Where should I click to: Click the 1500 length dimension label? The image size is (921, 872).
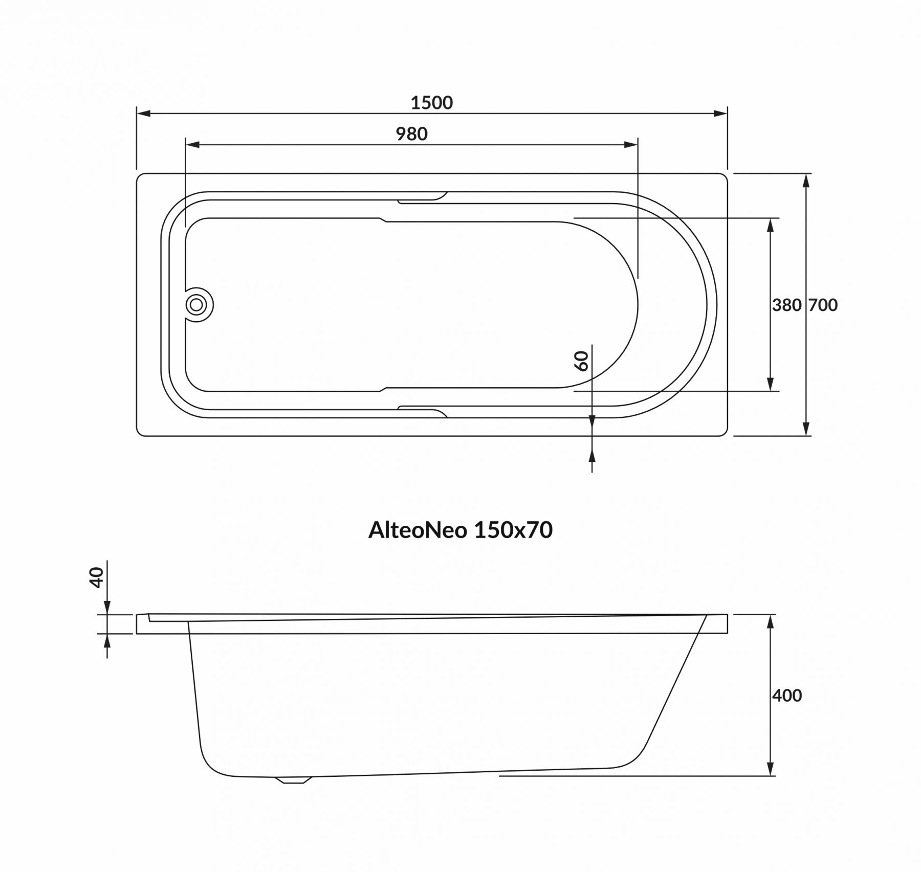tap(432, 103)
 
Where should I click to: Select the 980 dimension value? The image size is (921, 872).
tap(411, 134)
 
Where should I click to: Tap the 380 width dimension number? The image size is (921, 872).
tap(786, 305)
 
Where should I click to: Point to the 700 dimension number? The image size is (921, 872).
tap(823, 305)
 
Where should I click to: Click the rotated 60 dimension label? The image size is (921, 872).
tap(582, 361)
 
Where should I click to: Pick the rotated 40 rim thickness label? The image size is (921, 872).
tap(97, 577)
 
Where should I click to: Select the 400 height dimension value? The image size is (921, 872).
tap(787, 696)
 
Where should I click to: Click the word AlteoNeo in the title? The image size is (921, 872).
tap(418, 530)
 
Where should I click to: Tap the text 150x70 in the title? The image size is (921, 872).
tap(513, 530)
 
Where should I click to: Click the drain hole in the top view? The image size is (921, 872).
tap(196, 305)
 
